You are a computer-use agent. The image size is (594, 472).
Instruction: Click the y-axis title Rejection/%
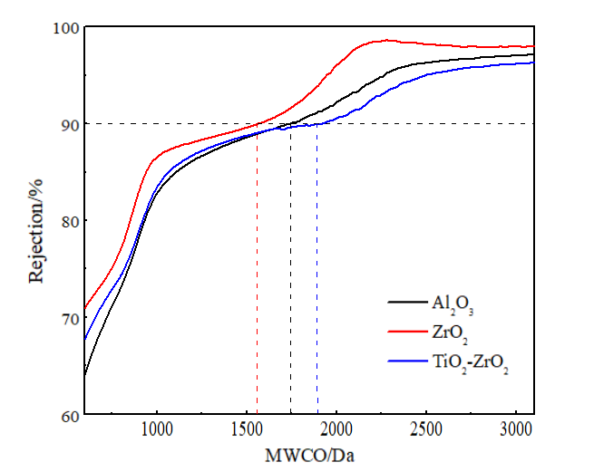36,221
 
